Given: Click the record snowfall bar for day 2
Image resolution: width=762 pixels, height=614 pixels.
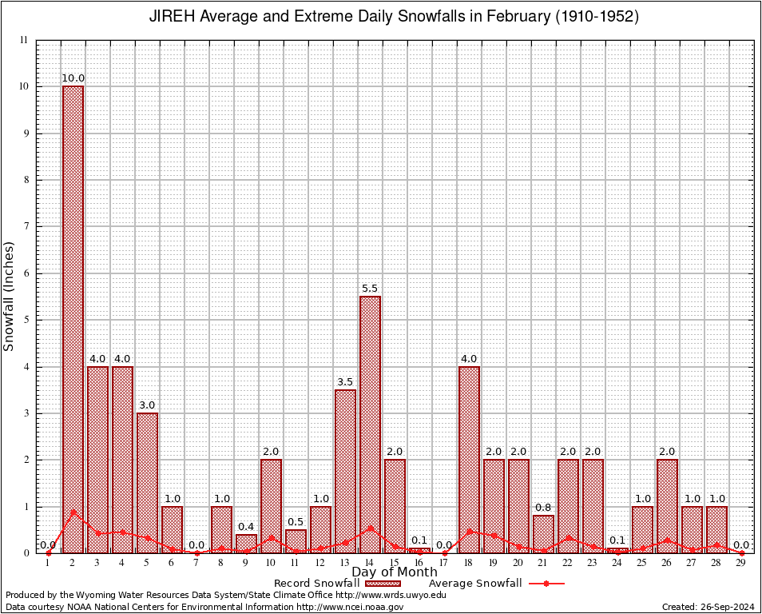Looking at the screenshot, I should coord(73,320).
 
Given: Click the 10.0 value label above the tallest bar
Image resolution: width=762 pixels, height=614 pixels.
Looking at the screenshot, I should coord(73,78).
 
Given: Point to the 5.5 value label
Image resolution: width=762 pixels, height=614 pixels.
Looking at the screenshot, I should coord(370,289).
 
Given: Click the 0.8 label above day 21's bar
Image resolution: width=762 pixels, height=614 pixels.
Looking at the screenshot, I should coord(543,508).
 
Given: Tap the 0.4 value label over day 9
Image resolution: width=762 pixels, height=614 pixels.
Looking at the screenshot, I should coord(246,527).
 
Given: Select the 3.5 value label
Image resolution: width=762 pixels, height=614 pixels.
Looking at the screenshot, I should coord(345,382).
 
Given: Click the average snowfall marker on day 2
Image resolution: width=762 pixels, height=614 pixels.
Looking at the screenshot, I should coord(73,512).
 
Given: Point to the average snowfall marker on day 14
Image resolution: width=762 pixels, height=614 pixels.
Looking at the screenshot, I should coord(370,528).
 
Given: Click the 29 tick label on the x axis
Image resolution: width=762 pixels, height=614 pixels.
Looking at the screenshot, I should coord(741,564).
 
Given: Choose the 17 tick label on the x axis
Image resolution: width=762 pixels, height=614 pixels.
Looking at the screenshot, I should coord(444,564).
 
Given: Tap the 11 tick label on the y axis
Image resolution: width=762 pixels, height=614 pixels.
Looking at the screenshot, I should coord(23,40).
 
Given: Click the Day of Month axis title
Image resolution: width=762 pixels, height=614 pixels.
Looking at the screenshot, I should coord(395,572).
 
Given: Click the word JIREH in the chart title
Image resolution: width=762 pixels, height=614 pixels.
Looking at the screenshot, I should coord(172,17).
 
